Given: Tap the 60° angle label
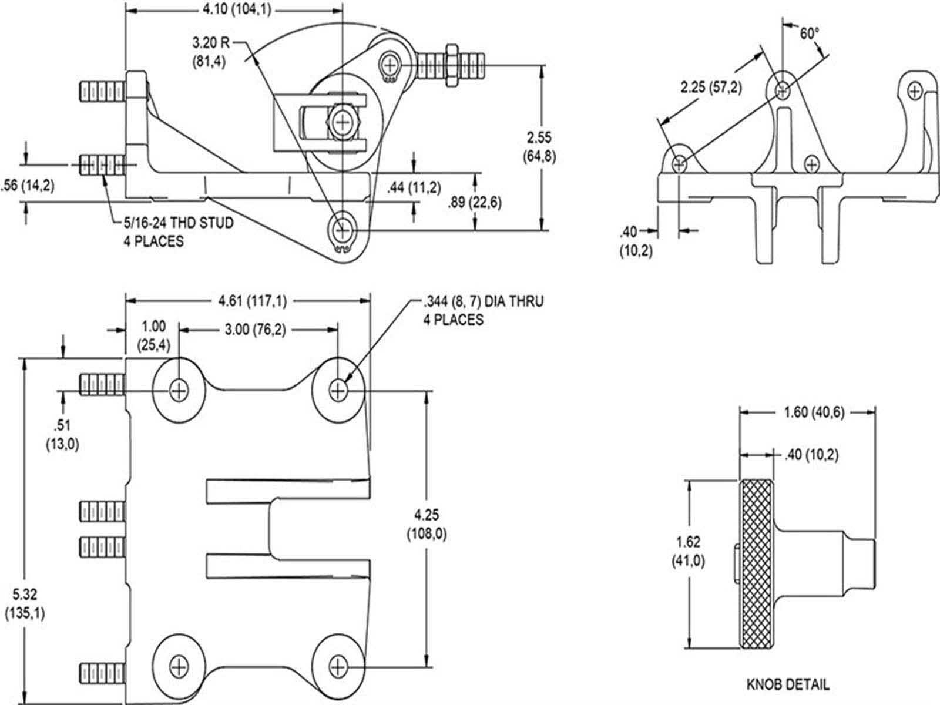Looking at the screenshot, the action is [809, 33].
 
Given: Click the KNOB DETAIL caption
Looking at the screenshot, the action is [788, 684].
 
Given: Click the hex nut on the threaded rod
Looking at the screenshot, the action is [452, 65].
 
